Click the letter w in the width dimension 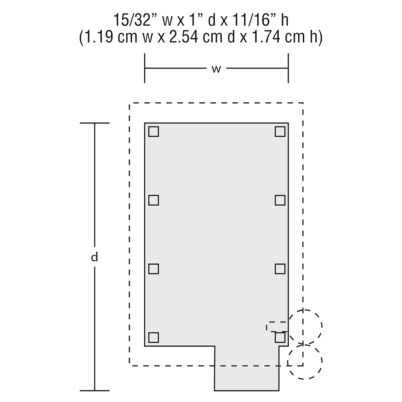tap(216, 69)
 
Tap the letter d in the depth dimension tap(94, 257)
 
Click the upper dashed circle tap(305, 310)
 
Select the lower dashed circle tap(305, 345)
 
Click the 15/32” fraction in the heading tap(132, 20)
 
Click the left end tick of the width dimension tap(145, 68)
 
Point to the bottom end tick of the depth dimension tap(94, 391)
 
